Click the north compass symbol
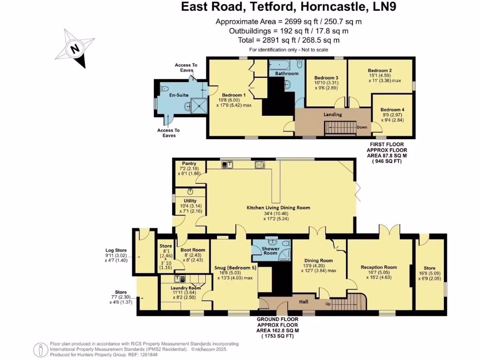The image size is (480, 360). point(75,49)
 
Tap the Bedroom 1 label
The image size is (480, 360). point(233,95)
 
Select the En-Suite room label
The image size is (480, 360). point(179,95)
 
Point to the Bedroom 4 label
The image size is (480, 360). point(392,110)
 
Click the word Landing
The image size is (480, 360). point(333,114)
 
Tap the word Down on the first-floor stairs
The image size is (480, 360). point(361,127)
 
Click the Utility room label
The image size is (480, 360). point(183,201)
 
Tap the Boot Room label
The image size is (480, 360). point(193,250)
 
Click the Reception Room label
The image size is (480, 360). point(379,267)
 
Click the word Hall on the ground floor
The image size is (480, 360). point(304,302)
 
